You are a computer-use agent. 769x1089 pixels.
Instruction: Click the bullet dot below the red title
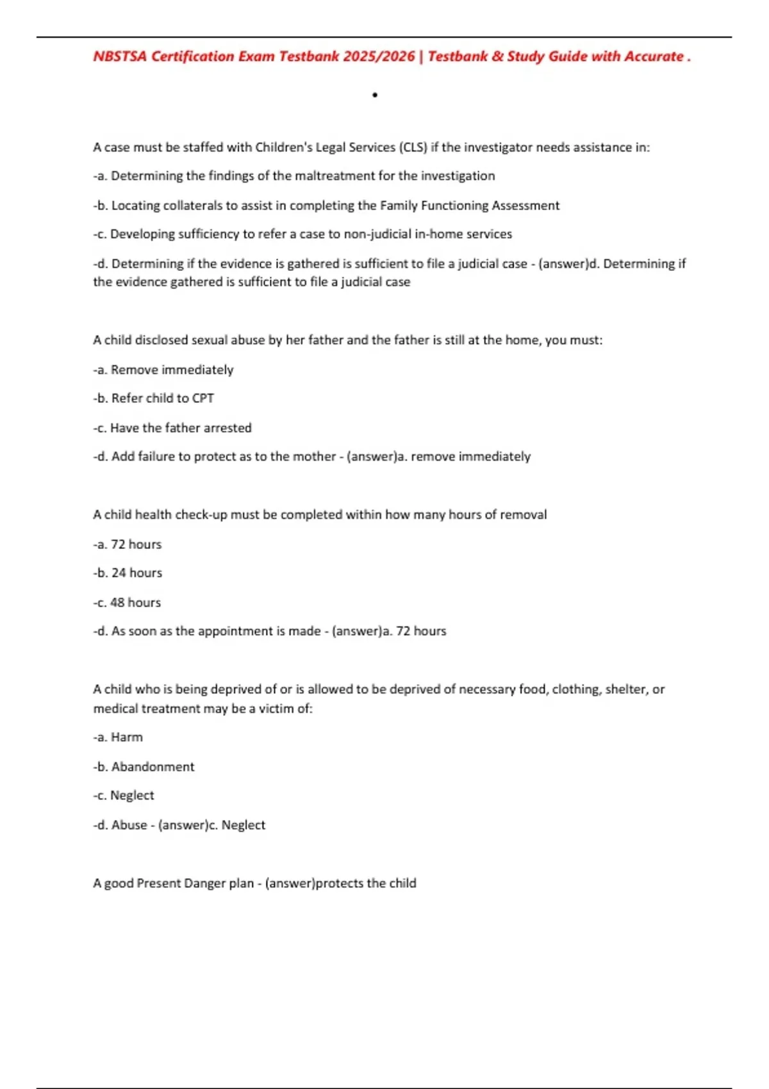(375, 95)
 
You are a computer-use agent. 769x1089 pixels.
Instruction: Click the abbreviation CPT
(203, 398)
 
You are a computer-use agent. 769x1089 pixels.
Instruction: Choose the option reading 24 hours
(136, 573)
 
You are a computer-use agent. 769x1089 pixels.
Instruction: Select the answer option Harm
(127, 738)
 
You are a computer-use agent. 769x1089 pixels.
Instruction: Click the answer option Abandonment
(153, 767)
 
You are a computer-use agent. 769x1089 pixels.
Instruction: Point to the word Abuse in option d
(129, 825)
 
